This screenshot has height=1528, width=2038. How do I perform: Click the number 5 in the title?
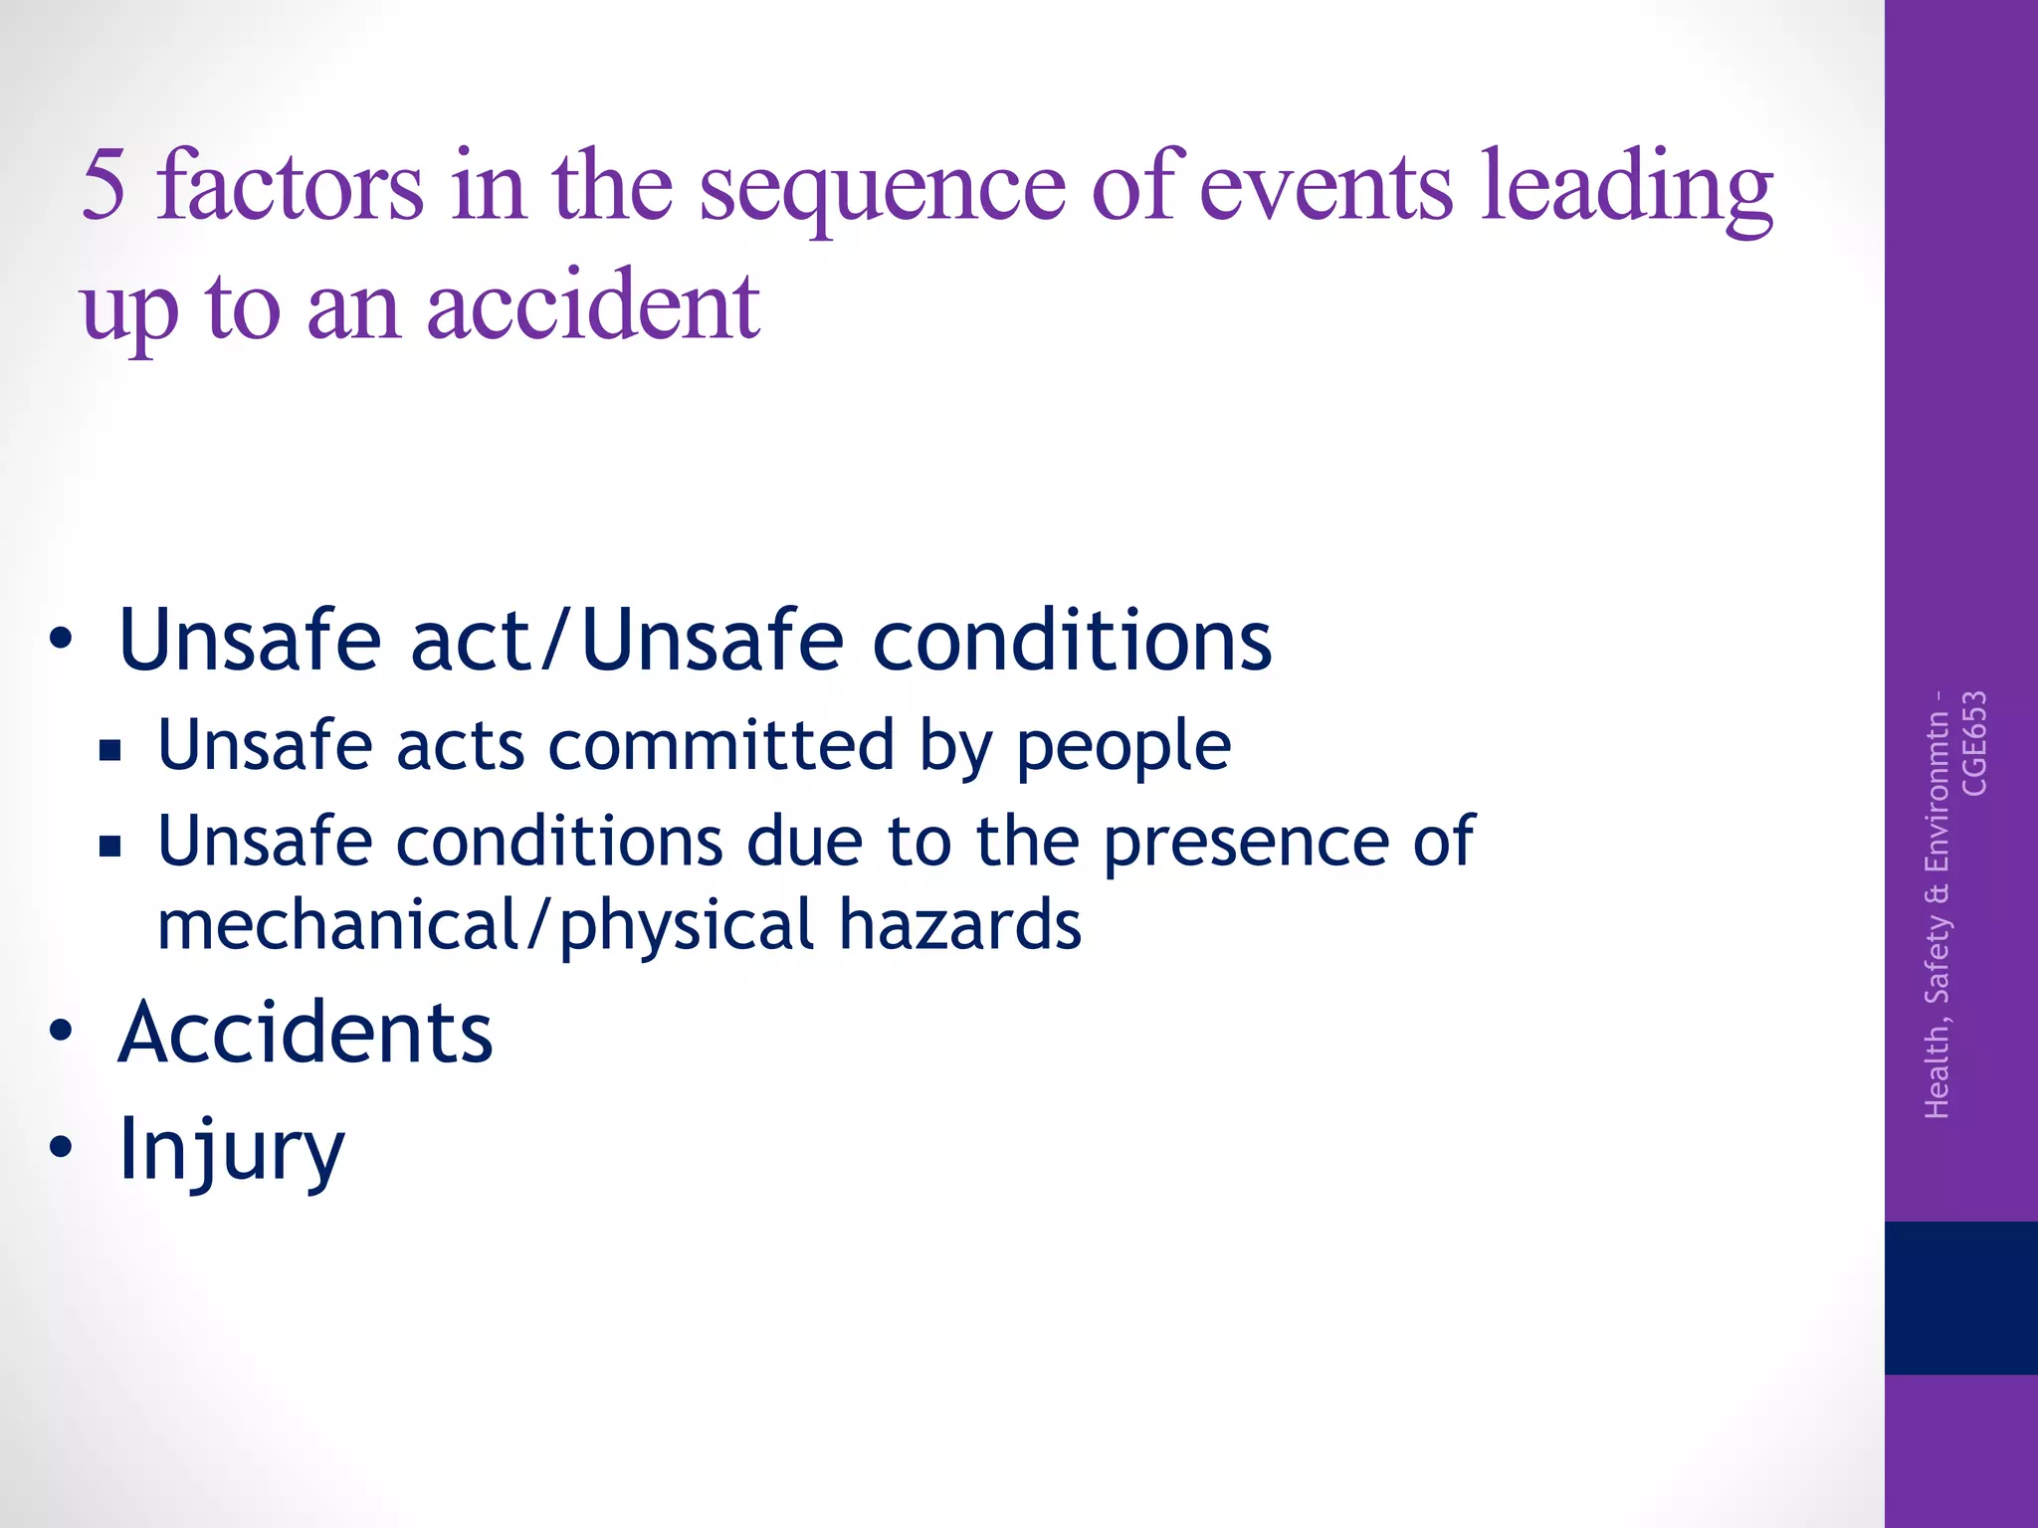tap(103, 185)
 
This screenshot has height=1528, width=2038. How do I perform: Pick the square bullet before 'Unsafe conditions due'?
tap(109, 846)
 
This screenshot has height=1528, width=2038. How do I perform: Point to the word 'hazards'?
tap(959, 925)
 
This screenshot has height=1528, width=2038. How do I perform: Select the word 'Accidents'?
tap(306, 1033)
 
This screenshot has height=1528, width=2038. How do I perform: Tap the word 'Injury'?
tap(231, 1150)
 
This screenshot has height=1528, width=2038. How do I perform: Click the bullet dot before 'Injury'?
tap(61, 1146)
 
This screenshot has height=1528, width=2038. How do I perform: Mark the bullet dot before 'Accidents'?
tap(61, 1031)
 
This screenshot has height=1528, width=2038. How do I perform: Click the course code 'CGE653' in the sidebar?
tap(1973, 743)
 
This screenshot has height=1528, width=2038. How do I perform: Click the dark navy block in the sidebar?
tap(1960, 1297)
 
